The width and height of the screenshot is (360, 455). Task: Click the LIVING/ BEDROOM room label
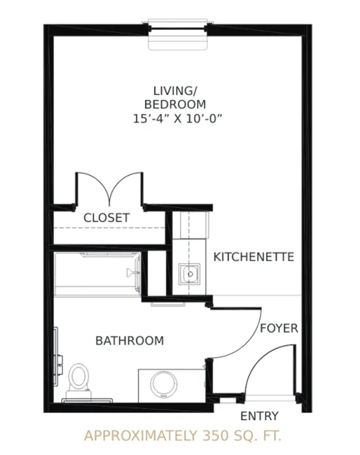tap(175, 97)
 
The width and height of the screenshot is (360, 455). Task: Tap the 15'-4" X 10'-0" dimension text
tap(177, 119)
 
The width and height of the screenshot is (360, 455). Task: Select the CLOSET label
tap(107, 218)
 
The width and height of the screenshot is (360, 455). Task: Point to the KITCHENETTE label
tap(254, 257)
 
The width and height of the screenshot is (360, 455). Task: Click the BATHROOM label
tap(130, 341)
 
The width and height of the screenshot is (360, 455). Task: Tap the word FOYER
tap(279, 328)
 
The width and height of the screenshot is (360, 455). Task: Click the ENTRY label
tap(259, 416)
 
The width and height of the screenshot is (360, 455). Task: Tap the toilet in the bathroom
tap(79, 381)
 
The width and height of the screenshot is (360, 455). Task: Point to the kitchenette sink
tap(190, 274)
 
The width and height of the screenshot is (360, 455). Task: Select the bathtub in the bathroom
tap(97, 274)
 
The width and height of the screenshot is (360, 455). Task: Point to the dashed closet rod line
tap(110, 228)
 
